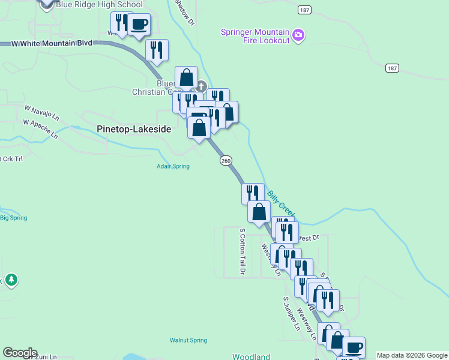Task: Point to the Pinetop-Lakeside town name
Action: (x=134, y=129)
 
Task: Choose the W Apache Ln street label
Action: (x=41, y=128)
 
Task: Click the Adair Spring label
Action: (x=173, y=166)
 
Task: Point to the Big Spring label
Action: (x=13, y=218)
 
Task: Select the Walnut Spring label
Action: (x=188, y=340)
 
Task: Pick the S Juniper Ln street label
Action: (x=292, y=313)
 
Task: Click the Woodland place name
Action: (x=252, y=356)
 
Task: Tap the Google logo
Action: (x=20, y=353)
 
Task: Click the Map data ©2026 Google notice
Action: (x=412, y=355)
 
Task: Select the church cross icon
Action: (x=200, y=86)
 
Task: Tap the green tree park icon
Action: (x=11, y=280)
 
